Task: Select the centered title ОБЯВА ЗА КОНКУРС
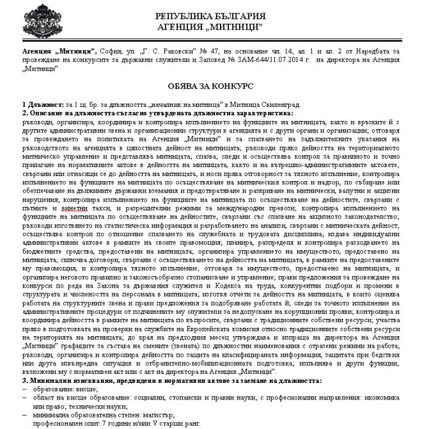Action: click(x=211, y=85)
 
